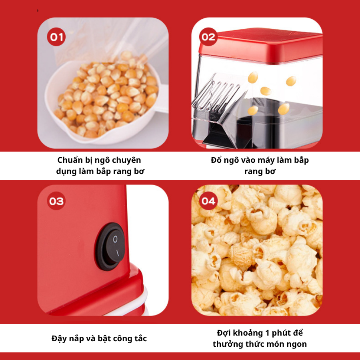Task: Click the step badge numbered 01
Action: pyautogui.click(x=56, y=37)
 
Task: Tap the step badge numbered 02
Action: pyautogui.click(x=208, y=37)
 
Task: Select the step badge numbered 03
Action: pyautogui.click(x=56, y=201)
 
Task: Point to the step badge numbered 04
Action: pyautogui.click(x=208, y=201)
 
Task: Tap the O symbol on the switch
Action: pyautogui.click(x=115, y=239)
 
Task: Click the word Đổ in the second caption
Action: pyautogui.click(x=216, y=160)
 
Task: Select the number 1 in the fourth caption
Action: pyautogui.click(x=267, y=333)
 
